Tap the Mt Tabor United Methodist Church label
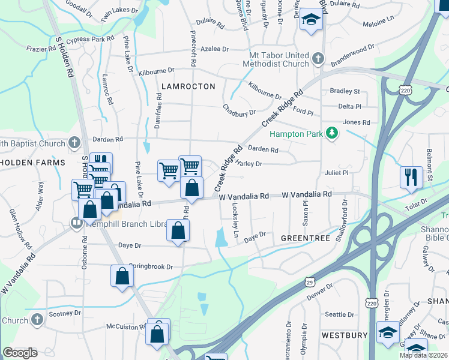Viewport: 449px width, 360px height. click(276, 59)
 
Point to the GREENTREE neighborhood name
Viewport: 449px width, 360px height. click(306, 238)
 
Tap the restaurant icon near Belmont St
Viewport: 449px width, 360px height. click(411, 176)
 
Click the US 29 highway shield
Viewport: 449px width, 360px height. click(309, 281)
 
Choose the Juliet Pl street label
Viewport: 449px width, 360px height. click(337, 173)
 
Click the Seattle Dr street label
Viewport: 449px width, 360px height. click(340, 314)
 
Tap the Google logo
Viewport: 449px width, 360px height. click(20, 353)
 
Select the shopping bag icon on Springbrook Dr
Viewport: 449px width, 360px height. click(122, 276)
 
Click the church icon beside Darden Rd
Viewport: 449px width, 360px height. click(74, 142)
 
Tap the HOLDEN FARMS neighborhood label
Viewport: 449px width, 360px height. click(32, 163)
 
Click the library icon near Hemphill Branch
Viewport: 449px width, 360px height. click(76, 223)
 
